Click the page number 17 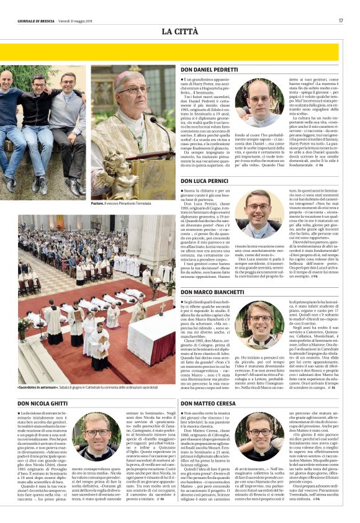[x=341, y=20]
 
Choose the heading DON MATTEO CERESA [x=209, y=404]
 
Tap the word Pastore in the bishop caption [x=99, y=203]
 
